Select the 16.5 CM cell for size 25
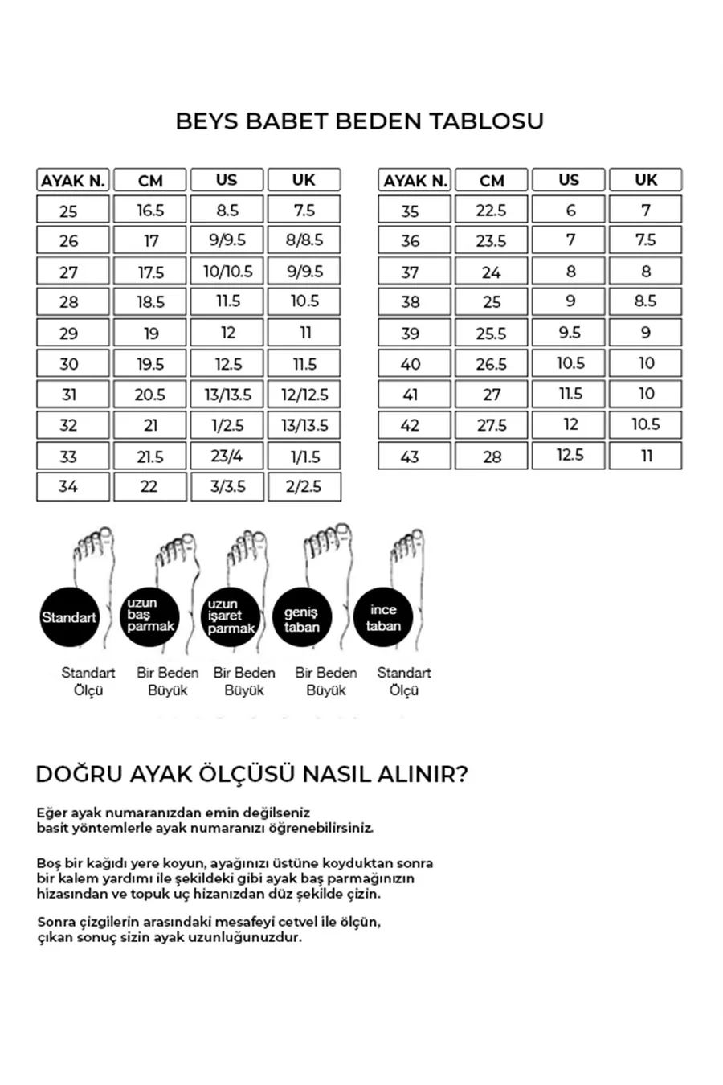tap(150, 211)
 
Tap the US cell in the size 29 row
tap(227, 333)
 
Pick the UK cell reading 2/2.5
tap(304, 486)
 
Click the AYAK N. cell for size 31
tap(69, 395)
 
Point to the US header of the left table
tap(227, 180)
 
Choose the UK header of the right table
tap(646, 180)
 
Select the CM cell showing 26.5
tap(491, 364)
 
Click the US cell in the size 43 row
tap(569, 456)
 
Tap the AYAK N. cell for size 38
tap(411, 302)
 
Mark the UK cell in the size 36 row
tap(646, 240)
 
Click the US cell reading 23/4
tap(227, 456)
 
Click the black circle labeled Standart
tap(69, 618)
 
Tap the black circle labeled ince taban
tap(383, 618)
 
